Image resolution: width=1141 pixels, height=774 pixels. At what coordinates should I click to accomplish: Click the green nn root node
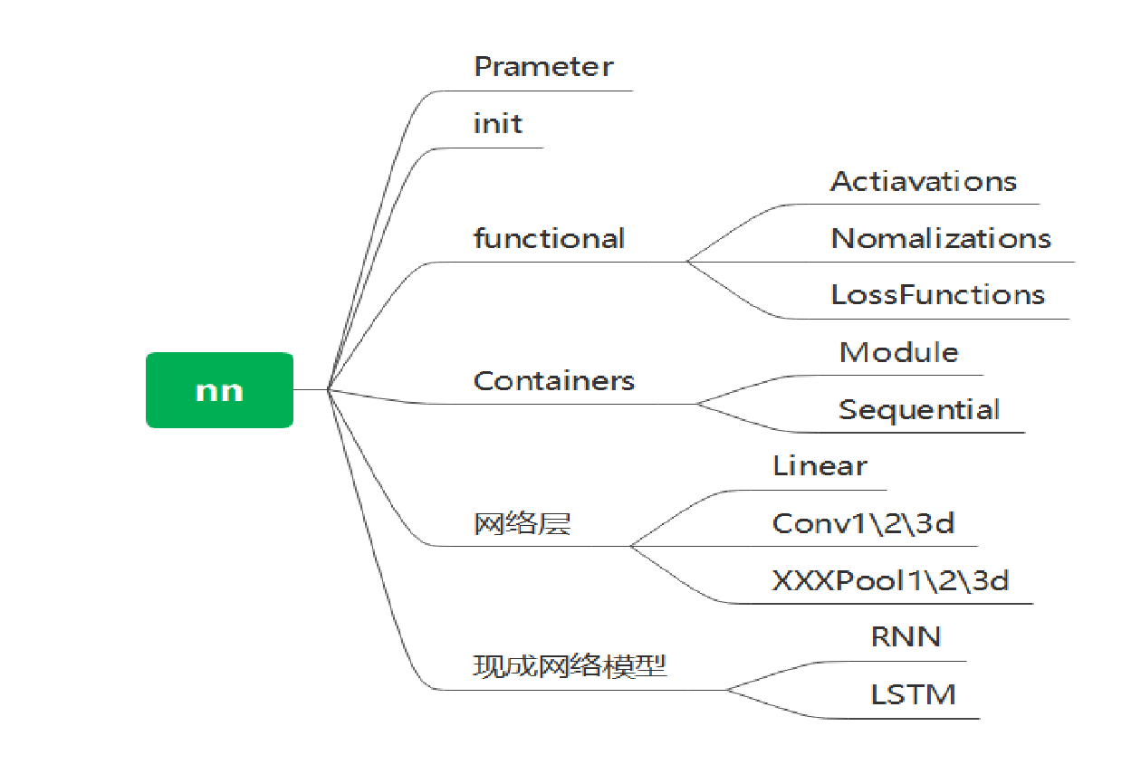[x=219, y=390]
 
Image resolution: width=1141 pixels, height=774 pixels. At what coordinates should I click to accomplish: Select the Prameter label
[x=543, y=67]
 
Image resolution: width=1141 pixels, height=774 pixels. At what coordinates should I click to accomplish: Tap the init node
[x=497, y=124]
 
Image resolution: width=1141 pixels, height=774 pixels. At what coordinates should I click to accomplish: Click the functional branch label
[x=549, y=239]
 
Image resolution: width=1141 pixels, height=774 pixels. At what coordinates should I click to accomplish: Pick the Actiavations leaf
[x=923, y=181]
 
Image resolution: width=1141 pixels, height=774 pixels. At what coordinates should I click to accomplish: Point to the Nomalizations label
[x=940, y=238]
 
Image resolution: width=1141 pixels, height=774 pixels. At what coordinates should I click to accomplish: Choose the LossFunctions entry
[x=937, y=295]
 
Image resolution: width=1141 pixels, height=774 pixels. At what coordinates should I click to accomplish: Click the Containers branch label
[x=553, y=381]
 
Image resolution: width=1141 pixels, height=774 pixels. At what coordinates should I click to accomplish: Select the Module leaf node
[x=898, y=352]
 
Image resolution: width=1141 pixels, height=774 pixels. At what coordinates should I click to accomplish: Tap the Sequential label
[x=918, y=409]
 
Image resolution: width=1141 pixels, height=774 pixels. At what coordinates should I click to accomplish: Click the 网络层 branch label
[x=522, y=524]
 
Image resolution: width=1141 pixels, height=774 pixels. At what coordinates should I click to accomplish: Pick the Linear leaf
[x=820, y=466]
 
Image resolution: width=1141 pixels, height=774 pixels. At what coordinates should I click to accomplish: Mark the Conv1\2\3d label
[x=862, y=523]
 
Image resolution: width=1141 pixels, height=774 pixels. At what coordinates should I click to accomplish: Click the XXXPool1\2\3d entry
[x=889, y=580]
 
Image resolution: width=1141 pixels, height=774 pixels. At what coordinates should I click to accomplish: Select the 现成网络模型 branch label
[x=570, y=667]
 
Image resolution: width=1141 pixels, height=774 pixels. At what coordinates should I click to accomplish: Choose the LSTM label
[x=913, y=695]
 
